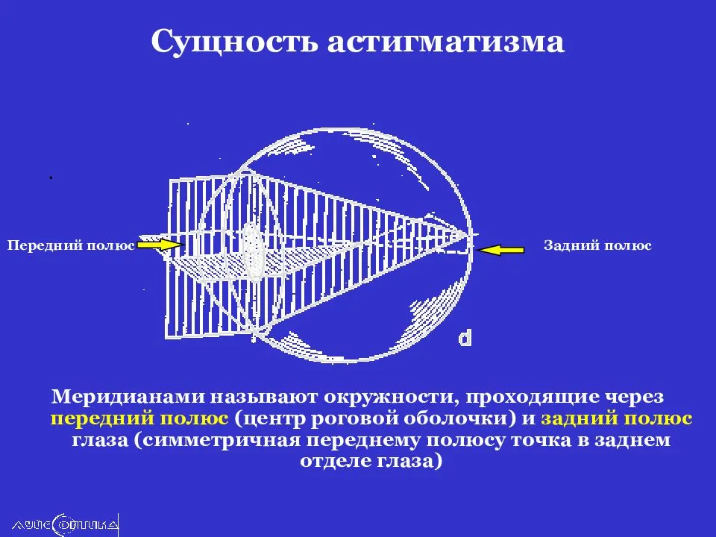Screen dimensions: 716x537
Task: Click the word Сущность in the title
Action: pyautogui.click(x=234, y=42)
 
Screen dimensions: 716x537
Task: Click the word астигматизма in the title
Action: pyautogui.click(x=446, y=42)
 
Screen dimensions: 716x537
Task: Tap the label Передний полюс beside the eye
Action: pyautogui.click(x=71, y=245)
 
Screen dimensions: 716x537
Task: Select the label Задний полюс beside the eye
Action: pyautogui.click(x=597, y=245)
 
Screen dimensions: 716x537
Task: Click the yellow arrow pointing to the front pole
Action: pyautogui.click(x=160, y=245)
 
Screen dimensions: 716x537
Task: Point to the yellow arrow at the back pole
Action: pyautogui.click(x=500, y=249)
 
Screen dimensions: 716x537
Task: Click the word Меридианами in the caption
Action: pyautogui.click(x=128, y=396)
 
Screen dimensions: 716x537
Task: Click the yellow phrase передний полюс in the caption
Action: pyautogui.click(x=139, y=418)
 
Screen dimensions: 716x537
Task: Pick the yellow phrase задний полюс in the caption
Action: pyautogui.click(x=617, y=418)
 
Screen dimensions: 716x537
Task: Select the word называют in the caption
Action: pyautogui.click(x=265, y=396)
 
